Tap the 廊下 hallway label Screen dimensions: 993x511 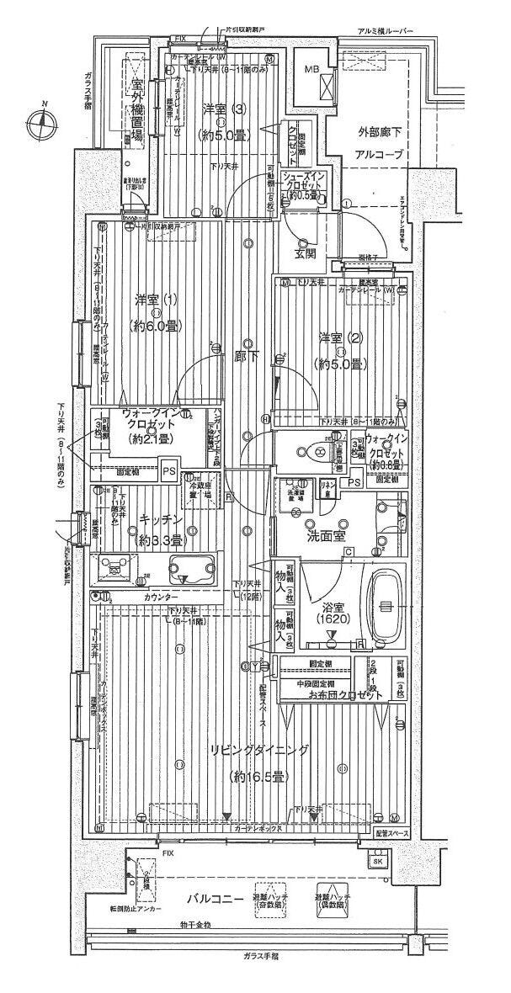[x=247, y=357]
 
